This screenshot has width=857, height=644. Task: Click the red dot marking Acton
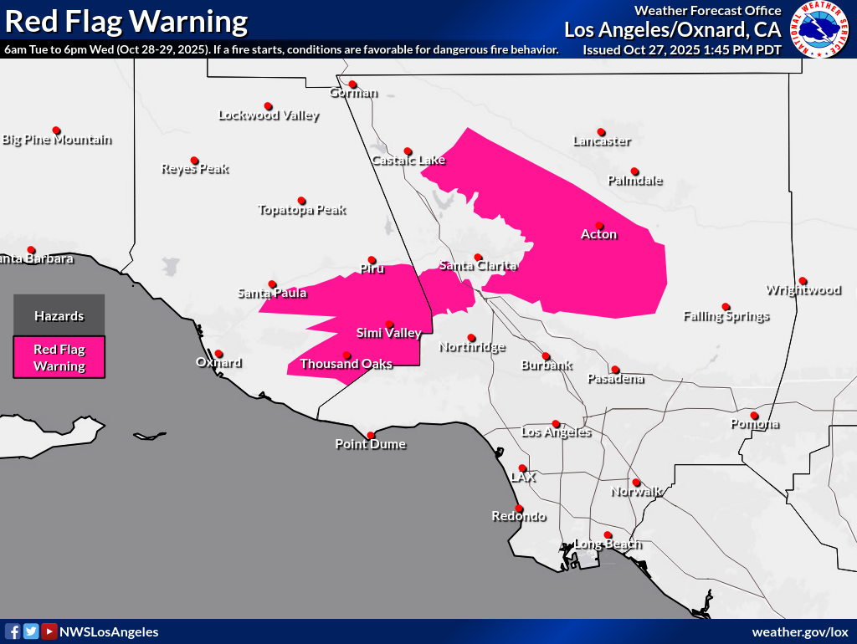coord(599,224)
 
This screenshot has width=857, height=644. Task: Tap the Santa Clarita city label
coord(478,266)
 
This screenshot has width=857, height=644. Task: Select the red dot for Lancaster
coord(601,131)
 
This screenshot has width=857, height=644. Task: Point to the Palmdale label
coord(634,181)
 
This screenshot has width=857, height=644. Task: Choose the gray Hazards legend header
coord(59,315)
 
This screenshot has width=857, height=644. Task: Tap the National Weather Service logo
coord(819,30)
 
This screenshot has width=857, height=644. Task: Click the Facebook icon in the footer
coord(13,631)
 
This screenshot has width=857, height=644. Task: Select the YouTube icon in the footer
coord(49,631)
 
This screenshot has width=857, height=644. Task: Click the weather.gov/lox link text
coord(800,631)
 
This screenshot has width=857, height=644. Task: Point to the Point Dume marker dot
coord(371,435)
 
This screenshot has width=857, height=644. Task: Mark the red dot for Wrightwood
coord(803,280)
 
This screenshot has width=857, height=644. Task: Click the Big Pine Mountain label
coord(57,140)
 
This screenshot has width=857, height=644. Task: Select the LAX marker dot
coord(522,468)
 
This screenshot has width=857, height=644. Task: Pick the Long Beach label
coord(608,544)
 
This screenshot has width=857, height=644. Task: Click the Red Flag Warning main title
coord(126,21)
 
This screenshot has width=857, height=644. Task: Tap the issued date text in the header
coord(682,50)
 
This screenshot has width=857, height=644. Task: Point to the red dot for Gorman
coord(352,84)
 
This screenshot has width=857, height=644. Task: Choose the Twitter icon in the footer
coord(31,631)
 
